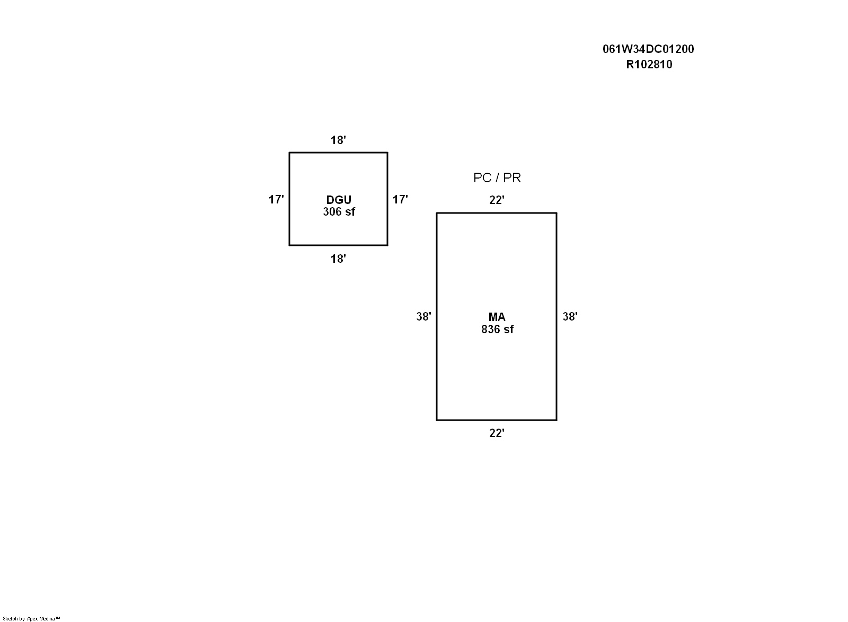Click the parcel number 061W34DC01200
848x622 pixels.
[x=648, y=49]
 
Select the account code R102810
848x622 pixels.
[x=649, y=65]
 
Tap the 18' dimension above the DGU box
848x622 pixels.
[x=338, y=140]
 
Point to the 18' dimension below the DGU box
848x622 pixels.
[x=338, y=259]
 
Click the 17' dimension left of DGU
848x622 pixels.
[x=276, y=199]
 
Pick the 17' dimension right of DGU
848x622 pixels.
[x=400, y=199]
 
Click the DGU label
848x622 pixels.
[x=339, y=200]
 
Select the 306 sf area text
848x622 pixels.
[x=339, y=212]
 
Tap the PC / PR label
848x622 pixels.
[x=497, y=178]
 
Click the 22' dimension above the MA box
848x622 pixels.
[x=497, y=200]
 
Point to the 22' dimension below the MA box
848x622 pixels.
[x=497, y=433]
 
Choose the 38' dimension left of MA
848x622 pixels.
[x=423, y=317]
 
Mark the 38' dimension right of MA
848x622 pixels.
[x=570, y=317]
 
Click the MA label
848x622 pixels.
[x=497, y=317]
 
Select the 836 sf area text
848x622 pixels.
[x=497, y=330]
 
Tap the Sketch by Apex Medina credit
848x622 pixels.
[x=31, y=619]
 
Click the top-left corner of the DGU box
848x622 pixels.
[x=289, y=153]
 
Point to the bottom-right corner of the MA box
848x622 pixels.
[x=556, y=420]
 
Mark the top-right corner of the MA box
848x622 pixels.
[x=556, y=213]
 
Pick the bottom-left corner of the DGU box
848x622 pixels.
[x=289, y=245]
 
